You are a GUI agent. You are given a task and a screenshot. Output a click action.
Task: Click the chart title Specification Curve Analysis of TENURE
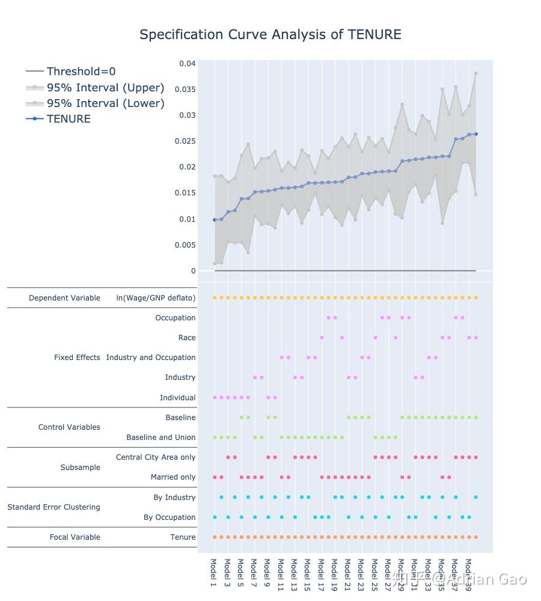[270, 35]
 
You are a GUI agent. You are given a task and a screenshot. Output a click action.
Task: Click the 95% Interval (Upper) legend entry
[105, 88]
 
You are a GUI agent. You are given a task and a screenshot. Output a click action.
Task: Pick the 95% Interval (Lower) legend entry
[105, 103]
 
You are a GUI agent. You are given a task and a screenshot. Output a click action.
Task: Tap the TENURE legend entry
[69, 119]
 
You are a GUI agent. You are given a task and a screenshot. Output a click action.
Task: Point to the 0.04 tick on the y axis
[187, 64]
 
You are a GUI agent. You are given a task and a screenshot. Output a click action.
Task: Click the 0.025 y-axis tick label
[185, 141]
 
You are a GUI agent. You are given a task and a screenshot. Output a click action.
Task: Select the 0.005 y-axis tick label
[185, 245]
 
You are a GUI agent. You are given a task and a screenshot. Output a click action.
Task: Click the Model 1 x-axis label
[214, 572]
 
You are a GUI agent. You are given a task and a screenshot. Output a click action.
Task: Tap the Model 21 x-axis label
[347, 574]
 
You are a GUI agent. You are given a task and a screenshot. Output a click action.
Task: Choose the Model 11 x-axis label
[281, 574]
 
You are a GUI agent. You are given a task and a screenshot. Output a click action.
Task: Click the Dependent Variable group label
[64, 298]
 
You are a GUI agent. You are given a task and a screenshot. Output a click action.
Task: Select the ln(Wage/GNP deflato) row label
[156, 298]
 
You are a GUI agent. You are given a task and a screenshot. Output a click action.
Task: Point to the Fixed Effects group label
[77, 358]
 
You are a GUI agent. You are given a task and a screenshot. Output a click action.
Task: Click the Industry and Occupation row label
[151, 358]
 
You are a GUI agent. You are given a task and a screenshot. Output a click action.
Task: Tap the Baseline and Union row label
[160, 438]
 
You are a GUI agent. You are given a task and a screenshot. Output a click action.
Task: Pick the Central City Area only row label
[156, 457]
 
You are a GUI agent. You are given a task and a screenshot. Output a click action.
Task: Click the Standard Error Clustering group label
[53, 507]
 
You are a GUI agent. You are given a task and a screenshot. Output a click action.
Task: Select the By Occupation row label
[170, 517]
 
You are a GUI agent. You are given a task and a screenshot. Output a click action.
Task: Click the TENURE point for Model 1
[215, 220]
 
